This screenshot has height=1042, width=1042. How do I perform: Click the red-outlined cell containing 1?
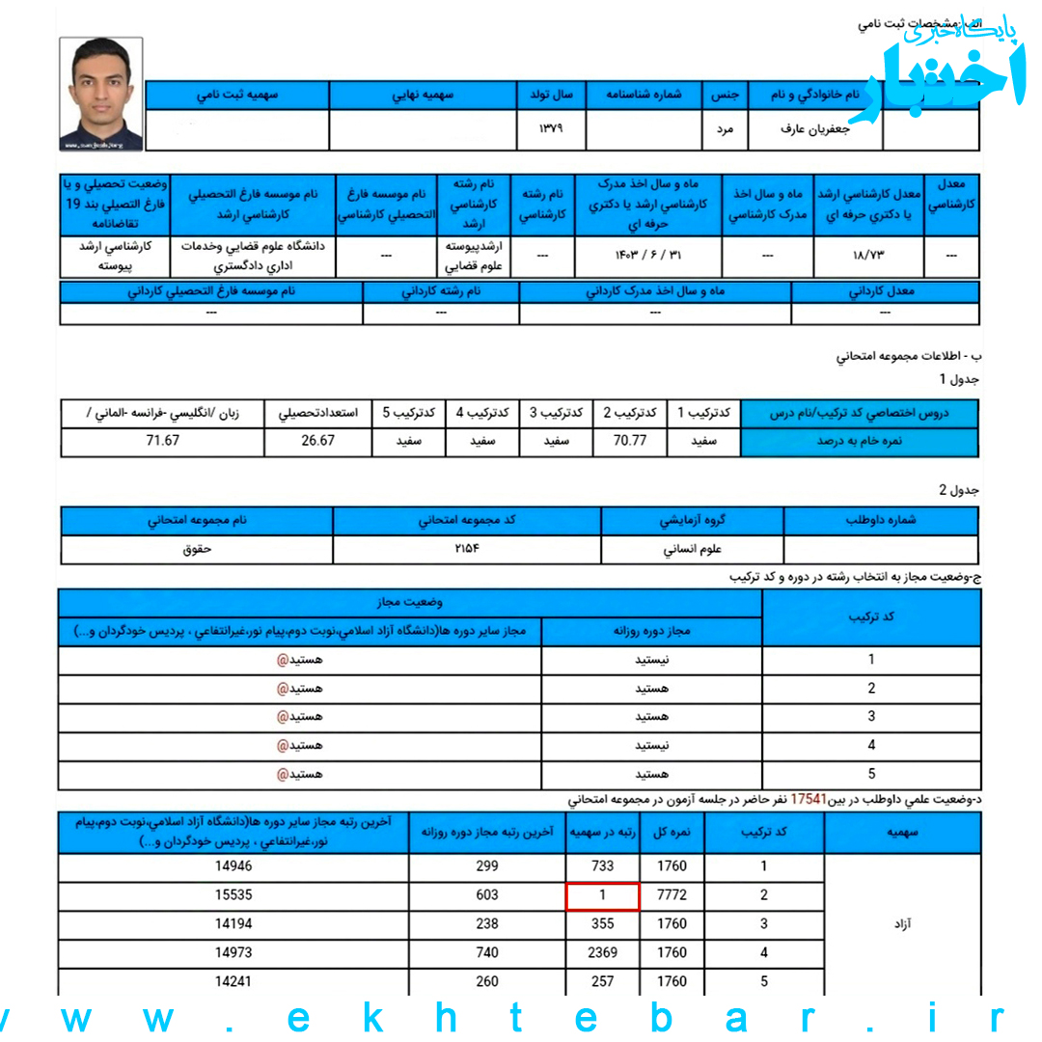pyautogui.click(x=602, y=895)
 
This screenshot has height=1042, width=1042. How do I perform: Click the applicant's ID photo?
pyautogui.click(x=101, y=94)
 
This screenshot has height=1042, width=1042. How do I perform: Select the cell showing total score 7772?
pyautogui.click(x=672, y=895)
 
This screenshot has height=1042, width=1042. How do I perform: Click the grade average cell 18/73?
pyautogui.click(x=868, y=256)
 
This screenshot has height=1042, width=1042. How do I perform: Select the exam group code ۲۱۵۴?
pyautogui.click(x=467, y=549)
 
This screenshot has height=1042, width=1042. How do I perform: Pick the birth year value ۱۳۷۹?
pyautogui.click(x=551, y=128)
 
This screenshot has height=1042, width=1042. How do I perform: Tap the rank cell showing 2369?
pyautogui.click(x=602, y=953)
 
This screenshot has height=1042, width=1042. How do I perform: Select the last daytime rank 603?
pyautogui.click(x=488, y=895)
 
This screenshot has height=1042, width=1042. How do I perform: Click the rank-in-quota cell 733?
pyautogui.click(x=602, y=866)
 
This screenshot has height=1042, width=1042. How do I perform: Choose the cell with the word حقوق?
pyautogui.click(x=197, y=549)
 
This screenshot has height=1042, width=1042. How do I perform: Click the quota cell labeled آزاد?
pyautogui.click(x=902, y=924)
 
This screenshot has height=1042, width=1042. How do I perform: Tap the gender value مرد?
pyautogui.click(x=725, y=128)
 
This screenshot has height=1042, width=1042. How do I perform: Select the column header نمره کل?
pyautogui.click(x=672, y=832)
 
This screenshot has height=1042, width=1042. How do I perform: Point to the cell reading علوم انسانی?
pyautogui.click(x=693, y=549)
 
